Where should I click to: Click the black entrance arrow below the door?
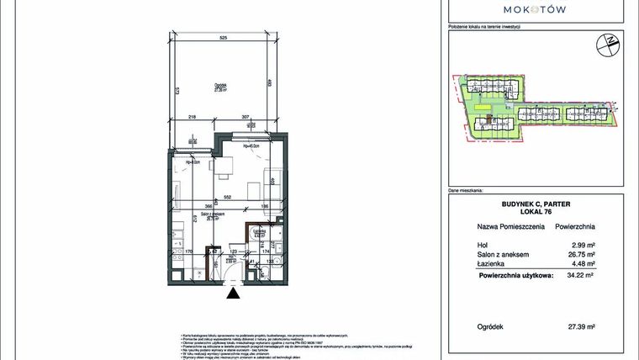pos(234,294)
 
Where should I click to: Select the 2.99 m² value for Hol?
pos(585,245)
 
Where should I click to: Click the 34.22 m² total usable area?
pos(583,274)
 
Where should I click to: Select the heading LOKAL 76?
pos(536,213)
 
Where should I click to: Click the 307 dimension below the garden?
pos(246,117)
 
